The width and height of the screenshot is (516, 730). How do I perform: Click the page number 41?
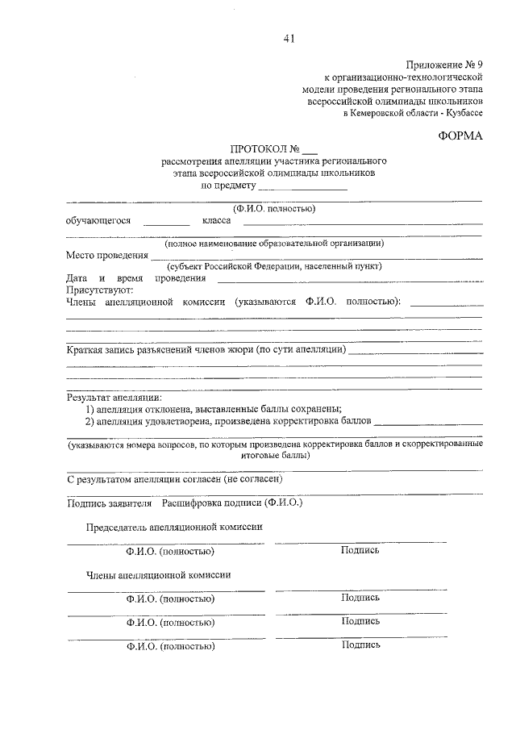tap(289, 39)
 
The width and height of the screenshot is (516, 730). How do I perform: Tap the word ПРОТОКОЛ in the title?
tap(259, 149)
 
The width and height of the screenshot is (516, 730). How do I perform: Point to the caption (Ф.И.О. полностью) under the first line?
tap(273, 208)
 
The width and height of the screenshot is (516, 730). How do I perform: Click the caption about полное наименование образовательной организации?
tap(274, 243)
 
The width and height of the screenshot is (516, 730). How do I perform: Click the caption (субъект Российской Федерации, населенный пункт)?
tap(274, 267)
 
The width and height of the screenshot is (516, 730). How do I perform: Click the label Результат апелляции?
tap(114, 397)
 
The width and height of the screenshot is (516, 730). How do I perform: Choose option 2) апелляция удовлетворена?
tap(229, 421)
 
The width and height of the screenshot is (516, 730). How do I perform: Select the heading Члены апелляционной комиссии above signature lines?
tap(159, 575)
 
